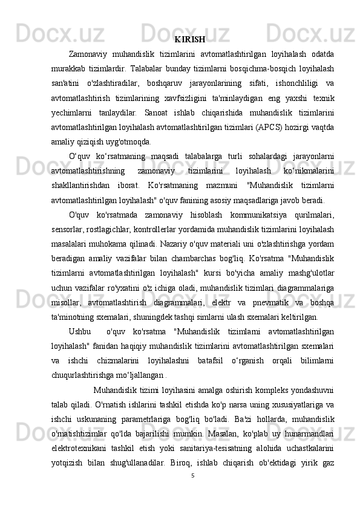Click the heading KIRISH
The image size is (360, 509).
(189, 41)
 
